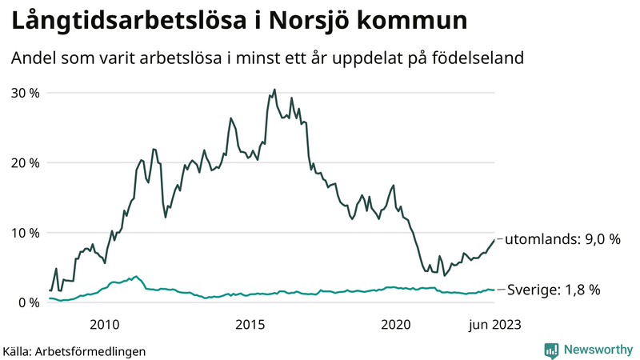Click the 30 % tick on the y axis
click(x=24, y=93)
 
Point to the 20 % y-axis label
click(x=24, y=162)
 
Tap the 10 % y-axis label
click(x=24, y=233)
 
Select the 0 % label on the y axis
click(x=27, y=302)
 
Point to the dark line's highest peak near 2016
click(x=274, y=90)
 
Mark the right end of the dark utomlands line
click(x=494, y=239)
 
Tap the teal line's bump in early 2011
click(x=137, y=276)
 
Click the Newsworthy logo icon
click(x=551, y=350)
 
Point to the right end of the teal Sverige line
click(x=494, y=290)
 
